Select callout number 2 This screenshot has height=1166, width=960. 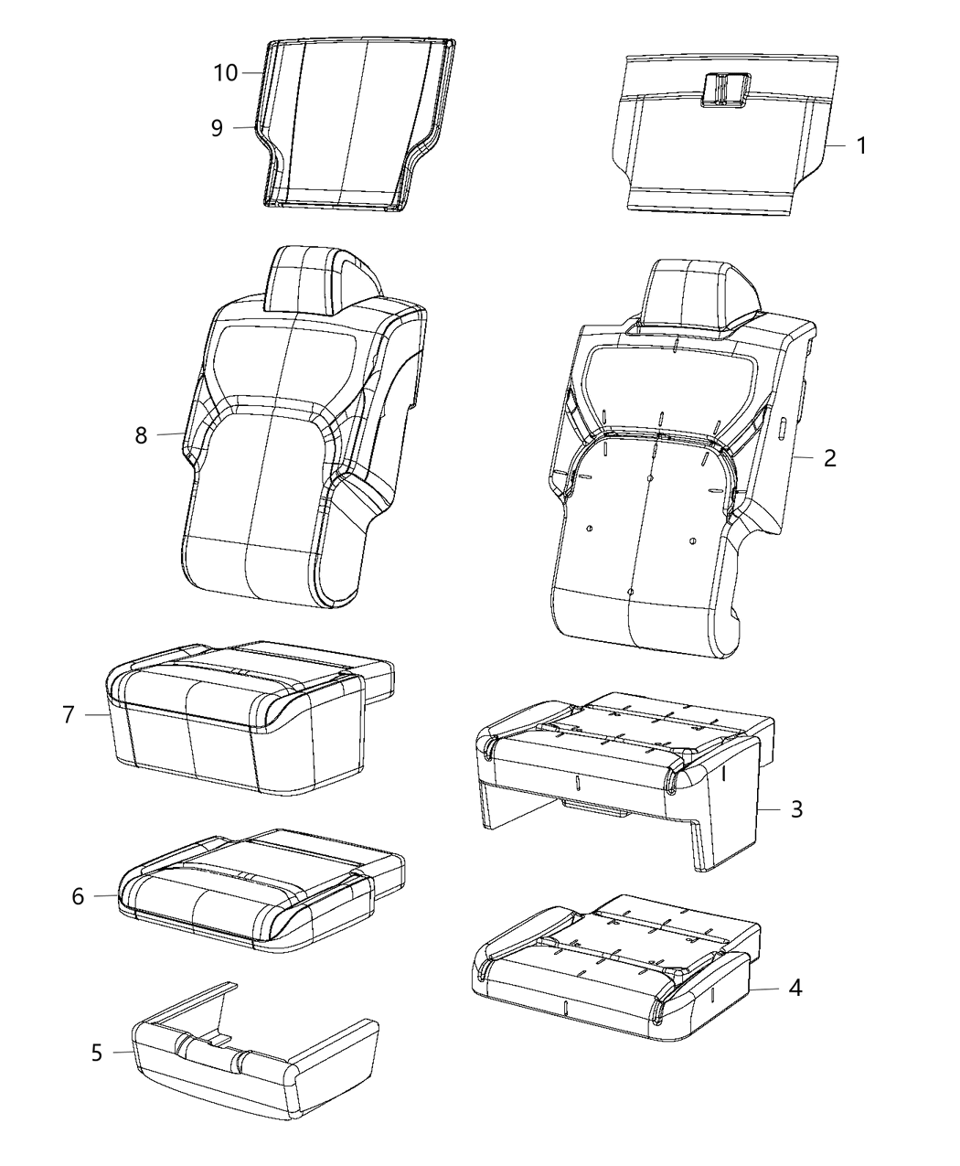(x=829, y=457)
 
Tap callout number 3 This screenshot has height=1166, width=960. (x=796, y=809)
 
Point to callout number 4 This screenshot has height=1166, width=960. (x=795, y=989)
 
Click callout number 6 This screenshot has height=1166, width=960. (x=78, y=897)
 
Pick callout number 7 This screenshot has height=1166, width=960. (x=69, y=714)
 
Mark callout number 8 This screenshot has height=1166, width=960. (x=141, y=435)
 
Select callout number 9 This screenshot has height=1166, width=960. (x=217, y=128)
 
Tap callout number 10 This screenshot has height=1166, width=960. (x=226, y=72)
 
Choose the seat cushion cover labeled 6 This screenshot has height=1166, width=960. (x=256, y=883)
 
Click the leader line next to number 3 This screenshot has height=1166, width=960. (x=771, y=809)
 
